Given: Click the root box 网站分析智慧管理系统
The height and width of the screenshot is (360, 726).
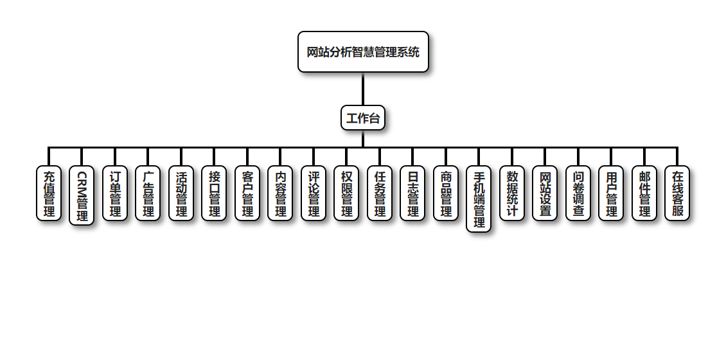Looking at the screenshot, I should (363, 52).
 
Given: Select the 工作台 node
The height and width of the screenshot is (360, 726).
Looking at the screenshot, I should (363, 118).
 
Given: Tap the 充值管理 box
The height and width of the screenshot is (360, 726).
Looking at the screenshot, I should (49, 194).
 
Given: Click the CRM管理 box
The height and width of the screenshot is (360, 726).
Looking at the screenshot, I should (82, 196).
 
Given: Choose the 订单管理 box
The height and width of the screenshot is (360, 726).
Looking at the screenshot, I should (115, 194).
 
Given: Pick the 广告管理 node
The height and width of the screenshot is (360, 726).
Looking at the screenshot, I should (148, 194).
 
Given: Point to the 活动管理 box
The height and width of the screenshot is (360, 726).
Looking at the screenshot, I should (181, 194).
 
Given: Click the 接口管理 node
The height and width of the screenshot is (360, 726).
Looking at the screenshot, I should (214, 194).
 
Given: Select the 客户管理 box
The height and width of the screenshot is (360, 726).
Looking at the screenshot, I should (247, 194).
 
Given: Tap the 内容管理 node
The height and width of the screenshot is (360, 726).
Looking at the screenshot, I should (280, 194).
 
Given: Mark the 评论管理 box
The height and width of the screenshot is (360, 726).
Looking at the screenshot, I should (314, 194).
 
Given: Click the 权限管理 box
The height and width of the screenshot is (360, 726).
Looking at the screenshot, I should (346, 194).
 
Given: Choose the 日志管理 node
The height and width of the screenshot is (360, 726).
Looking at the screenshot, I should (412, 194).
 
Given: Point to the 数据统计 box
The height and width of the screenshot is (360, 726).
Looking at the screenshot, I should (512, 194).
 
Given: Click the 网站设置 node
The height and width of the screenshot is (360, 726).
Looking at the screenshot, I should (545, 194).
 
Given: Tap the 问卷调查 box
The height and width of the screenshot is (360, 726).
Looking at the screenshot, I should (578, 194).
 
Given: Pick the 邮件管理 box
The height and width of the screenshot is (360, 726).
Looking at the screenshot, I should (644, 194).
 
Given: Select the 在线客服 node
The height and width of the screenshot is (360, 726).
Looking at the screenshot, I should (677, 194).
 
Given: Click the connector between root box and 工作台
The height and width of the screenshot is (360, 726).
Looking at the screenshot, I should (363, 89).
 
